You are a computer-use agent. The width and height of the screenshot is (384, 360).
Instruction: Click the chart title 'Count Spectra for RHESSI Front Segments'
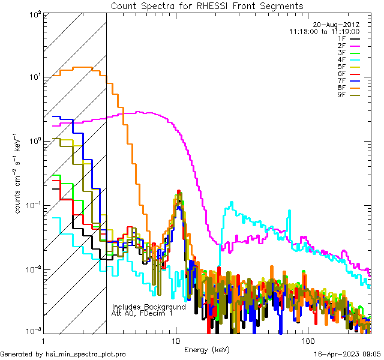click(207, 5)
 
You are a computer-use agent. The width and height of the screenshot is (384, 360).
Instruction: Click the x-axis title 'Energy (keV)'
click(207, 349)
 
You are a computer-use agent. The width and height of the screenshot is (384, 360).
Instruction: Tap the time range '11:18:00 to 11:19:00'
click(324, 31)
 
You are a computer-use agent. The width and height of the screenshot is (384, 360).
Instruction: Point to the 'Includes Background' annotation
click(149, 307)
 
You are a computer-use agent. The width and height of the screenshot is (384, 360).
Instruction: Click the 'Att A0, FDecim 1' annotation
click(143, 313)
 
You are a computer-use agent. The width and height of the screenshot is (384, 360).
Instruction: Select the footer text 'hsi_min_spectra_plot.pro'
click(86, 355)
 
